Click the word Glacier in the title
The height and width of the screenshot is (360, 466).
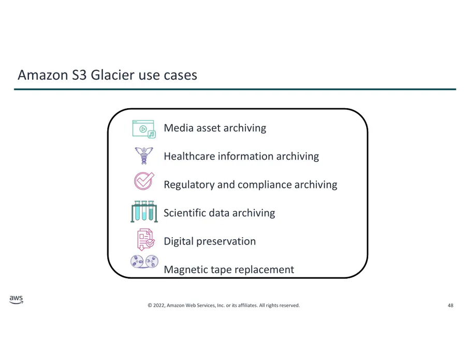click(113, 75)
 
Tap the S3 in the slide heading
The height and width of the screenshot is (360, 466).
click(79, 75)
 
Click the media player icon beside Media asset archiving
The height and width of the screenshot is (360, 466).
click(144, 129)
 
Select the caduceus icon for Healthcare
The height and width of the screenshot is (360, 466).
click(144, 155)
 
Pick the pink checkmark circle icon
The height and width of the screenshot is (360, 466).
click(144, 181)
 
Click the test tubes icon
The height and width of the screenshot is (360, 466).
click(144, 211)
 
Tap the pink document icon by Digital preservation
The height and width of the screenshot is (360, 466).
click(145, 239)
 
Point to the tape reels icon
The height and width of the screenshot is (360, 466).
click(144, 262)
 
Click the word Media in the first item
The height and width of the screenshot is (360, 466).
click(179, 128)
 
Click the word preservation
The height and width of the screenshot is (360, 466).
click(226, 241)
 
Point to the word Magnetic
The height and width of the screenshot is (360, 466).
click(186, 270)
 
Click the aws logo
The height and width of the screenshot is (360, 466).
click(16, 299)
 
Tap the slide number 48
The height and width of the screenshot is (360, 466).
click(450, 305)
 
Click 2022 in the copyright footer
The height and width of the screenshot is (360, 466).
click(159, 305)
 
